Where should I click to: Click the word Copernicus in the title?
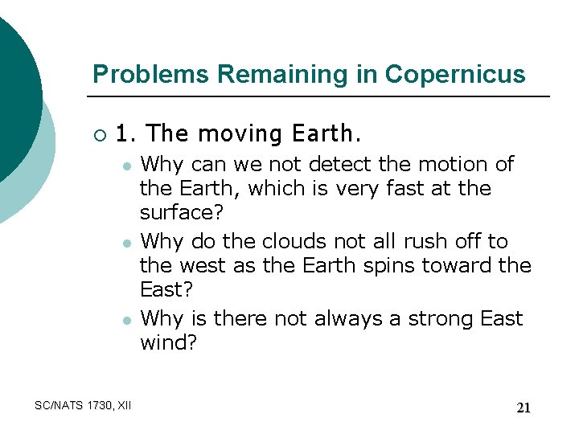pyautogui.click(x=455, y=74)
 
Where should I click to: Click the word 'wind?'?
pyautogui.click(x=168, y=344)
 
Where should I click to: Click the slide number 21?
pyautogui.click(x=523, y=408)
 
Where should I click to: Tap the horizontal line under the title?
pyautogui.click(x=322, y=96)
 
